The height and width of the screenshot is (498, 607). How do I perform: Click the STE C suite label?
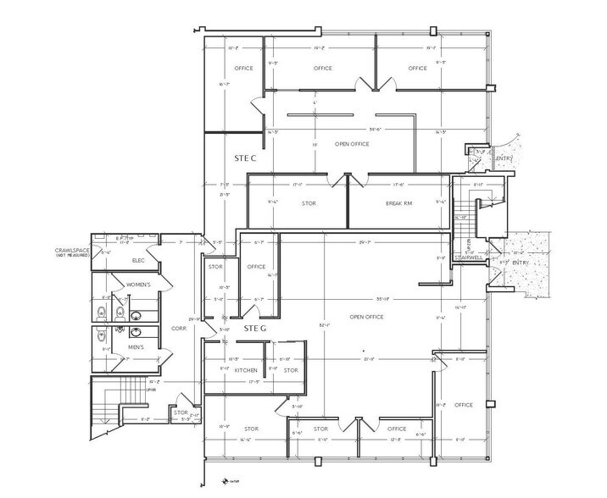(245, 158)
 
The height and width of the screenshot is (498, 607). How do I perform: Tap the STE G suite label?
(255, 327)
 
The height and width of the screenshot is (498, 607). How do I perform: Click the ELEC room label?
(140, 261)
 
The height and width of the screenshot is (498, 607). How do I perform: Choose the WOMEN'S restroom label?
(139, 285)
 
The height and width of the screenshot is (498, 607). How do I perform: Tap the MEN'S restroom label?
(136, 347)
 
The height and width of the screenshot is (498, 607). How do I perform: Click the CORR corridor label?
(179, 327)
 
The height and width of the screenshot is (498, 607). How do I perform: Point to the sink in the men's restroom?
(120, 327)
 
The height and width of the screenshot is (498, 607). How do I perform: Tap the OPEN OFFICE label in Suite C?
(353, 144)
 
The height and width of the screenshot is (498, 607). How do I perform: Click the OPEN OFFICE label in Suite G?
(366, 317)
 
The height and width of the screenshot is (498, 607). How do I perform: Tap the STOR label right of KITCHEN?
(291, 370)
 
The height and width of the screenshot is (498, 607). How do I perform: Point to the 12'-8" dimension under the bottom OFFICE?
(394, 441)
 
